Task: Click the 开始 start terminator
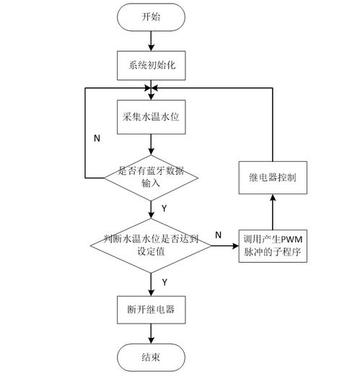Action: pos(151,17)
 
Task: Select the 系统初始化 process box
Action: pos(152,65)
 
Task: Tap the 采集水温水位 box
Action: pos(152,117)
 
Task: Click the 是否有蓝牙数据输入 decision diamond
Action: pos(151,178)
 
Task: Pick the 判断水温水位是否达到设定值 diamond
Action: pos(151,246)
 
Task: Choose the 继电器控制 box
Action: pos(273,178)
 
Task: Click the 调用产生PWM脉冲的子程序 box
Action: pos(273,246)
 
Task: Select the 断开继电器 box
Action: pos(152,310)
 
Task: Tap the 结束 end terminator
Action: pos(151,357)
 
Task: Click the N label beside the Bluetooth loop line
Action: pos(97,138)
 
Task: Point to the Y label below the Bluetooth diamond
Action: pos(164,209)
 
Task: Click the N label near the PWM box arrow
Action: pos(218,235)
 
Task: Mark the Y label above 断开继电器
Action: pos(164,282)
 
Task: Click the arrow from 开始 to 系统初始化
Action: pos(151,41)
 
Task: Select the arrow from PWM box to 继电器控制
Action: pos(273,212)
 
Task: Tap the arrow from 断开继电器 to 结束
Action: pos(151,334)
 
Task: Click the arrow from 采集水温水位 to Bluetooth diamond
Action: pos(151,144)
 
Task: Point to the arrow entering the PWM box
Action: pos(225,246)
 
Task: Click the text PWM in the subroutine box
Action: pos(291,240)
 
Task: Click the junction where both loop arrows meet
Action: pos(151,88)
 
